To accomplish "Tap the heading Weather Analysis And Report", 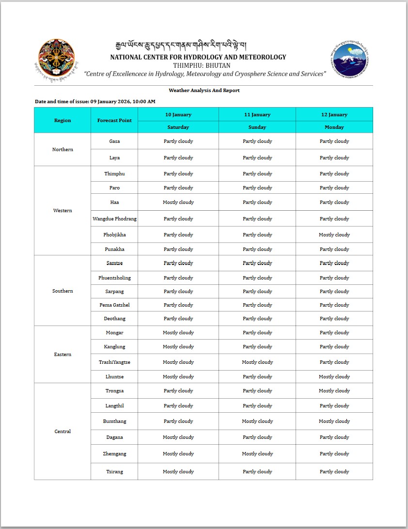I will pyautogui.click(x=204, y=91).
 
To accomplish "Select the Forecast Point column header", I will pyautogui.click(x=114, y=120).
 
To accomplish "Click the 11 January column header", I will pyautogui.click(x=257, y=115).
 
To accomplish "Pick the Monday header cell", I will pyautogui.click(x=334, y=127).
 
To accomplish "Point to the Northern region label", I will pyautogui.click(x=63, y=150).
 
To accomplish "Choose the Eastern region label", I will pyautogui.click(x=63, y=355).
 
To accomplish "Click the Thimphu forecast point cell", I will pyautogui.click(x=114, y=174).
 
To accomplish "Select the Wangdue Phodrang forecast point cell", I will pyautogui.click(x=114, y=219).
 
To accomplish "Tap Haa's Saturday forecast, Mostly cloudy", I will pyautogui.click(x=178, y=202).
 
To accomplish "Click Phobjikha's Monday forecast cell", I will pyautogui.click(x=334, y=235).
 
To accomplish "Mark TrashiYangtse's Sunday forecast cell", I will pyautogui.click(x=257, y=362).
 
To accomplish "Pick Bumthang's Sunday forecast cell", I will pyautogui.click(x=257, y=421).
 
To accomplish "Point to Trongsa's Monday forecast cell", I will pyautogui.click(x=334, y=391).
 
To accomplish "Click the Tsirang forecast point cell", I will pyautogui.click(x=114, y=472).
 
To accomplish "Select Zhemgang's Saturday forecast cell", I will pyautogui.click(x=178, y=454).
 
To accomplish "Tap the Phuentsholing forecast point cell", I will pyautogui.click(x=114, y=278).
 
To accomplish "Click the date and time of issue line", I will pyautogui.click(x=95, y=102).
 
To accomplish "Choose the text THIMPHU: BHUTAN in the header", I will pyautogui.click(x=202, y=65).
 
